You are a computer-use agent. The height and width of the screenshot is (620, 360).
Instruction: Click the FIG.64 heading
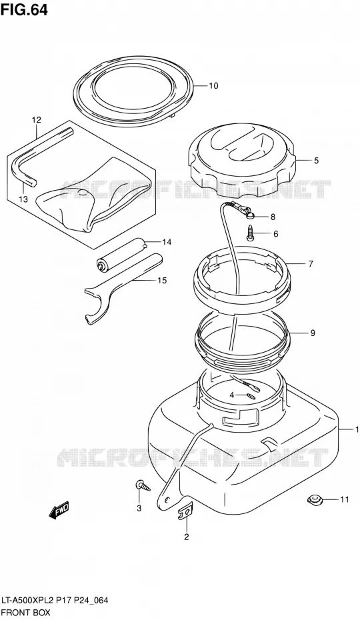pos(24,9)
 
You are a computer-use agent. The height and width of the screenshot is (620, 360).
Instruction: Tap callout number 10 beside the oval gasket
pos(213,86)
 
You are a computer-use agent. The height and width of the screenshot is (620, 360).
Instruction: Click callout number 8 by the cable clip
pos(273,217)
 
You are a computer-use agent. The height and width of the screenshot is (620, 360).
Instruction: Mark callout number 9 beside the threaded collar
pos(313,333)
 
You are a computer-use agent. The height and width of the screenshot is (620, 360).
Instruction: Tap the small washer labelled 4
pos(251,397)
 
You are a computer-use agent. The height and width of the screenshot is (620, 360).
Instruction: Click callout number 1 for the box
pos(357,429)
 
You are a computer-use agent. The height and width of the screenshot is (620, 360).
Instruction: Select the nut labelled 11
pos(315,500)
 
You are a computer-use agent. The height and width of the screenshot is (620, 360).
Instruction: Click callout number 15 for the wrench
pos(162,281)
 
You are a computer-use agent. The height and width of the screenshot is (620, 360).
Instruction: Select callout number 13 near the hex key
pos(23,199)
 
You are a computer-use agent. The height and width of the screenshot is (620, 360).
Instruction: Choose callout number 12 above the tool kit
pos(37,119)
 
